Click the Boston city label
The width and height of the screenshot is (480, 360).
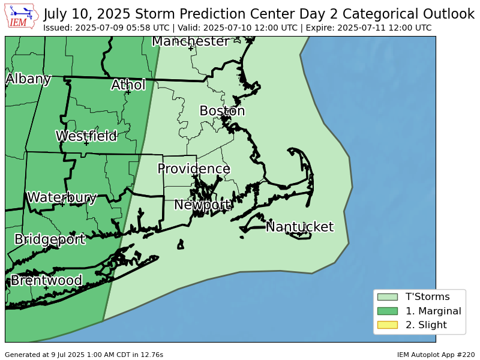click(222, 111)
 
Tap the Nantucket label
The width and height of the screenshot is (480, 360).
click(299, 227)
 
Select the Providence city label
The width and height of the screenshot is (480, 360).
click(194, 169)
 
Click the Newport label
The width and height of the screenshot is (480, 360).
click(203, 205)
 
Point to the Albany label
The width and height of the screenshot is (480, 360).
click(28, 79)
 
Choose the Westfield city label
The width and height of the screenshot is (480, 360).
click(86, 136)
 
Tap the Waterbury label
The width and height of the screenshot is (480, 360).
click(62, 197)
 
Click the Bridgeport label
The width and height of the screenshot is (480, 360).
click(50, 239)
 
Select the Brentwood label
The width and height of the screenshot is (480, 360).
click(46, 280)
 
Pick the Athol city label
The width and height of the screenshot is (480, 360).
click(128, 85)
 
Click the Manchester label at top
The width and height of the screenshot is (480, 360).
click(191, 41)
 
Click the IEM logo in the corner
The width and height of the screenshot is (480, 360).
click(22, 17)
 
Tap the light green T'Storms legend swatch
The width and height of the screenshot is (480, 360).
click(387, 296)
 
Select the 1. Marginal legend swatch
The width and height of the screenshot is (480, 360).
click(387, 311)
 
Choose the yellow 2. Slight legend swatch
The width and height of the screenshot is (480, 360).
click(387, 325)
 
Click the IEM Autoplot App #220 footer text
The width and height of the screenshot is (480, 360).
click(436, 355)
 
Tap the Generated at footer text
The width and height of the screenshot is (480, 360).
click(84, 355)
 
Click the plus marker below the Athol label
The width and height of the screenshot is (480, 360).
click(128, 92)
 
